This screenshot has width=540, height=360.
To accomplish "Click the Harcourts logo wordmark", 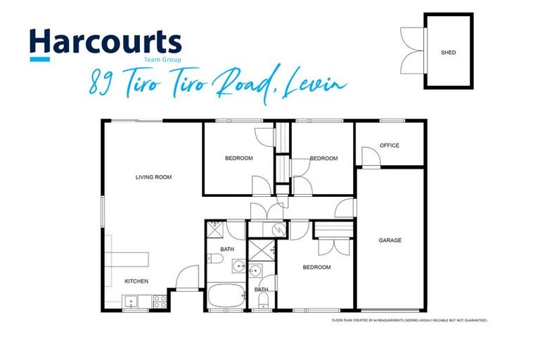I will pyautogui.click(x=105, y=44).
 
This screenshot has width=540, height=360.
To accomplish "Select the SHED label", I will pyautogui.click(x=447, y=53).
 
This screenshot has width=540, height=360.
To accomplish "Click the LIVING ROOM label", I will pyautogui.click(x=153, y=177).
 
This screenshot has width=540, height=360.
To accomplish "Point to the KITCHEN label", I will pyautogui.click(x=136, y=281).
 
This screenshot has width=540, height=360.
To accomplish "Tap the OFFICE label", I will pyautogui.click(x=390, y=146).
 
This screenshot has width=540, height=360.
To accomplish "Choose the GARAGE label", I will pyautogui.click(x=390, y=240).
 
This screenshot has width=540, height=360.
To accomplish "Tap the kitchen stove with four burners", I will pyautogui.click(x=160, y=302).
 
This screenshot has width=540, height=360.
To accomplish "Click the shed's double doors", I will pyautogui.click(x=412, y=42).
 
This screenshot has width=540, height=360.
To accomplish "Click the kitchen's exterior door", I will pyautogui.click(x=187, y=280).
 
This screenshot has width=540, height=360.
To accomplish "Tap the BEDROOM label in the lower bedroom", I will pyautogui.click(x=316, y=267).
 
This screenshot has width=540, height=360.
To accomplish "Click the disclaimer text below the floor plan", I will pyautogui.click(x=409, y=321).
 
